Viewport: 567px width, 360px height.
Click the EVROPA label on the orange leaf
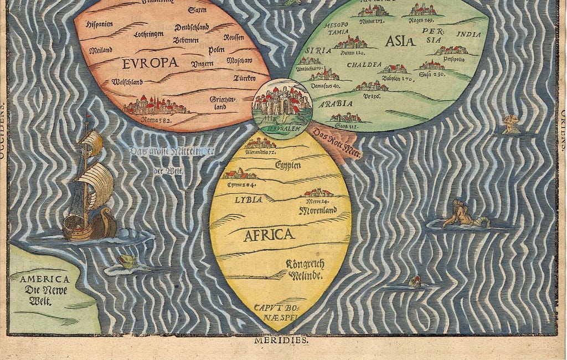coord(150,63)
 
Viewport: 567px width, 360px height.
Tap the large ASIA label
coord(400,40)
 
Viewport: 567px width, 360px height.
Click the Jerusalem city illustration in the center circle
coord(282,101)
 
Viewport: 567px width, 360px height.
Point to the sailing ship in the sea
coord(89,186)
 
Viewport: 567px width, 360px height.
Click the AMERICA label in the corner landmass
coord(45,279)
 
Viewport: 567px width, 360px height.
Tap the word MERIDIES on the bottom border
coord(281,341)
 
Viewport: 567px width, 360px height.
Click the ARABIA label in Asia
coord(336,104)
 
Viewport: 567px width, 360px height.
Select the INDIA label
coord(468,34)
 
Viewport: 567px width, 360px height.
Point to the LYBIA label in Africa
coord(248,199)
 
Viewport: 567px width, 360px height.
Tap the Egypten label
coord(288,165)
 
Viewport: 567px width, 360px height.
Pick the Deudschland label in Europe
coord(192,27)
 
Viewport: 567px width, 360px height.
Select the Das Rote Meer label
coord(337,142)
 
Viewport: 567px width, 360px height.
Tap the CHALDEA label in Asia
coord(364,65)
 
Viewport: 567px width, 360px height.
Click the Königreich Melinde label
coord(305,269)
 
